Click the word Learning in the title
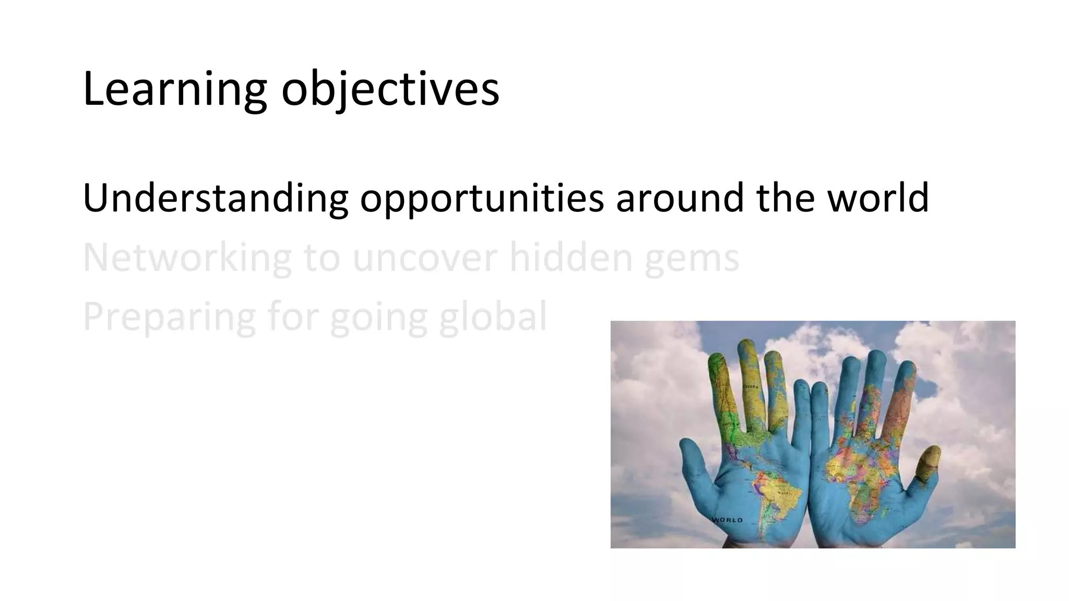(174, 90)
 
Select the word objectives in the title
(390, 90)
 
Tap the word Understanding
(215, 198)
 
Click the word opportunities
(481, 198)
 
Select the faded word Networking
(187, 257)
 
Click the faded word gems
(692, 257)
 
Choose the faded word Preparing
(169, 317)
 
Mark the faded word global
(493, 317)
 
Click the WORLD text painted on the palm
(728, 520)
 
